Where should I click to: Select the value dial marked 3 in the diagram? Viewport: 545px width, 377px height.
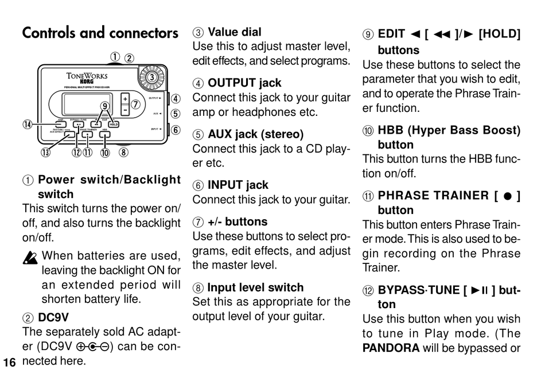point(152,77)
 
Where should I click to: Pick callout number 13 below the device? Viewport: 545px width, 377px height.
point(44,152)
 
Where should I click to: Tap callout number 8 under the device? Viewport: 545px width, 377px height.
point(123,152)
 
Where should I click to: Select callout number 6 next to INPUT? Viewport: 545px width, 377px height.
point(176,130)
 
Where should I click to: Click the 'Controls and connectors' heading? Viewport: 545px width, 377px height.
point(100,33)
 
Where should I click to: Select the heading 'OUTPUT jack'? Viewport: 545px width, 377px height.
point(244,83)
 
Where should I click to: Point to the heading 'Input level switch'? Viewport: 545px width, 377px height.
point(255,287)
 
